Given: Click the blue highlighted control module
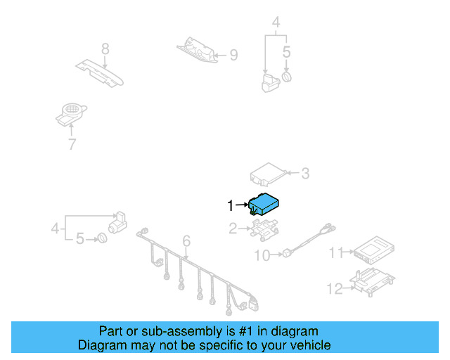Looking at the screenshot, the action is pyautogui.click(x=264, y=204).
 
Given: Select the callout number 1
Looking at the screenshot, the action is pyautogui.click(x=231, y=205).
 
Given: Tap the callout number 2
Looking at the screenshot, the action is pyautogui.click(x=233, y=229).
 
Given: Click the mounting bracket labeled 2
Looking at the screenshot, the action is pyautogui.click(x=265, y=228).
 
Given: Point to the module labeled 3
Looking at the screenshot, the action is pyautogui.click(x=269, y=175).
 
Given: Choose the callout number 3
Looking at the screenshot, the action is pyautogui.click(x=305, y=174).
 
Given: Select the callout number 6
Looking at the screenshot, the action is pyautogui.click(x=186, y=240).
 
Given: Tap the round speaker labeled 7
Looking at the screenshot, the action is pyautogui.click(x=71, y=115).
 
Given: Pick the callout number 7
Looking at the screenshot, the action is pyautogui.click(x=72, y=144).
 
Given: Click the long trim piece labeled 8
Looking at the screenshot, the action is pyautogui.click(x=100, y=73).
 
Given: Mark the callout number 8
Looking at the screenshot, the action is pyautogui.click(x=105, y=49).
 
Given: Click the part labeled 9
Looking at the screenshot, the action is pyautogui.click(x=197, y=50).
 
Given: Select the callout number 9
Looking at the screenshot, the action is pyautogui.click(x=234, y=55).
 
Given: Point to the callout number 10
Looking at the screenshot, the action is pyautogui.click(x=262, y=255).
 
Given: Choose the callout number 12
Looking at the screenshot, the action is pyautogui.click(x=335, y=289).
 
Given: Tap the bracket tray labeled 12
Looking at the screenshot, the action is pyautogui.click(x=373, y=282).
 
